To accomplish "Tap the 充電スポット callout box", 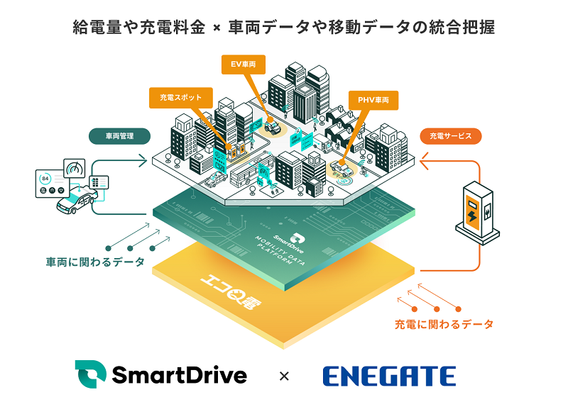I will point(180,98).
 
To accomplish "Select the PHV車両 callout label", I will point(373,101).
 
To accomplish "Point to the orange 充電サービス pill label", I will point(451,135).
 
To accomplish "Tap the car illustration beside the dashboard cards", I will point(76,205).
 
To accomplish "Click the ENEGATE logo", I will point(389,375).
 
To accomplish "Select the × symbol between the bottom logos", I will point(284,376).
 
